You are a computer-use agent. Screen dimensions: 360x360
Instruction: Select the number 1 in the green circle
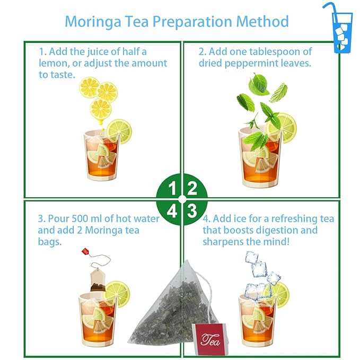172,188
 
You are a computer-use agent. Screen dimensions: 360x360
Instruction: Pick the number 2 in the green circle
192,188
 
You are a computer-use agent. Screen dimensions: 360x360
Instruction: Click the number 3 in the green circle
192,210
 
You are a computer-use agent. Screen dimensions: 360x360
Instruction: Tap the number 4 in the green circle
172,210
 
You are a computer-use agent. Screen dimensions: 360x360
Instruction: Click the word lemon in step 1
51,64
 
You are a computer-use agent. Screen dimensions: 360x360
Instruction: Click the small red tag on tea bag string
85,251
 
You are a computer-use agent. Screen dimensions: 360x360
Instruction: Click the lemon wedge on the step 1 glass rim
119,131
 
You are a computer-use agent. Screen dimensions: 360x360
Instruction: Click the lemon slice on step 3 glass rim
117,293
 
